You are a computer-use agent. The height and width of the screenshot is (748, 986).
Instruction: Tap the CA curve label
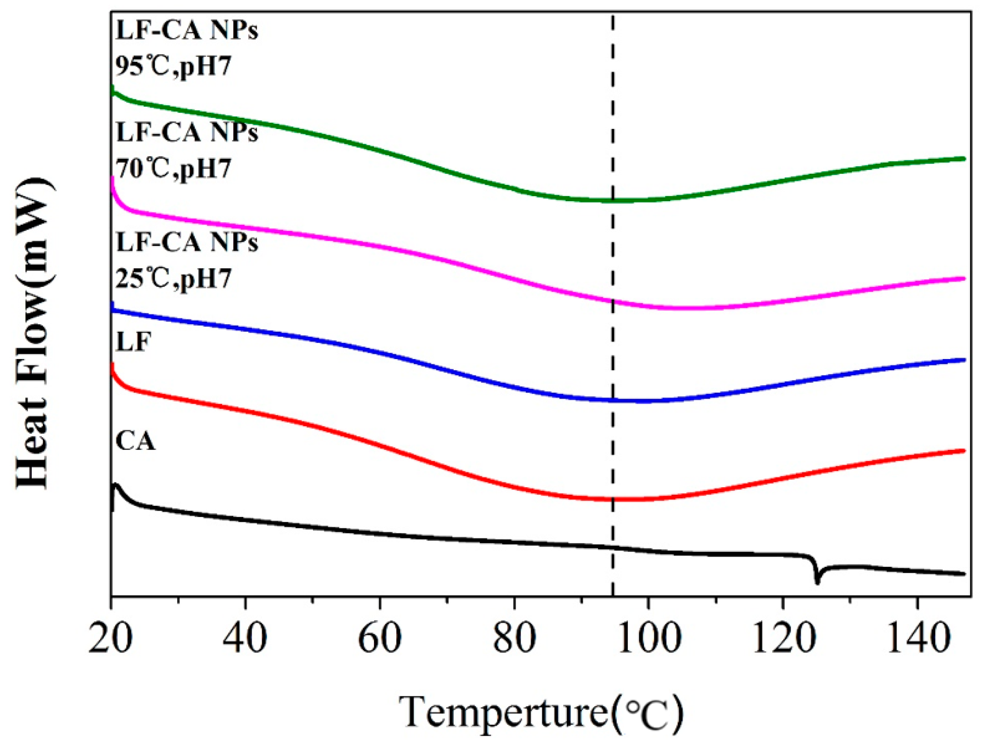135,441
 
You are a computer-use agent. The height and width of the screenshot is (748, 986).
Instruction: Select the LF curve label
133,343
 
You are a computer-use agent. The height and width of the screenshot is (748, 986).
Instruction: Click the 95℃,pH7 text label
173,66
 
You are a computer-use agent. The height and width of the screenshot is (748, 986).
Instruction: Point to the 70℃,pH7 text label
173,169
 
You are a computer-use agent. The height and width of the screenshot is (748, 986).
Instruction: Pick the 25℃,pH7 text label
173,279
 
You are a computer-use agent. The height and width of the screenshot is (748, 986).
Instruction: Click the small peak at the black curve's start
116,486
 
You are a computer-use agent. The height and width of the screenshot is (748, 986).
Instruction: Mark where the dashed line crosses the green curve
612,201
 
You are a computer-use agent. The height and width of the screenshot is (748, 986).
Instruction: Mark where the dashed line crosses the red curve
612,499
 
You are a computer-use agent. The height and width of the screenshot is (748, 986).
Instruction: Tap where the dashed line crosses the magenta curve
612,301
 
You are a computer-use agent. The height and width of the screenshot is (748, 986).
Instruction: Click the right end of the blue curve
963,360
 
